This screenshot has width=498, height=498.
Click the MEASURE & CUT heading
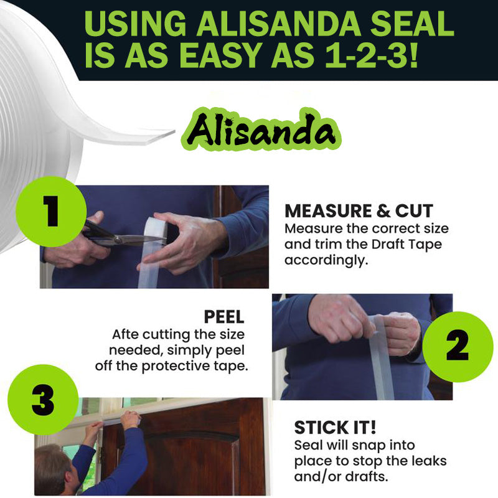click(359, 210)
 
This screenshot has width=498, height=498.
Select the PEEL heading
click(224, 317)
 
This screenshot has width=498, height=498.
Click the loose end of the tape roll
click(156, 136)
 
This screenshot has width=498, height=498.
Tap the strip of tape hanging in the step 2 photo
click(380, 361)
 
